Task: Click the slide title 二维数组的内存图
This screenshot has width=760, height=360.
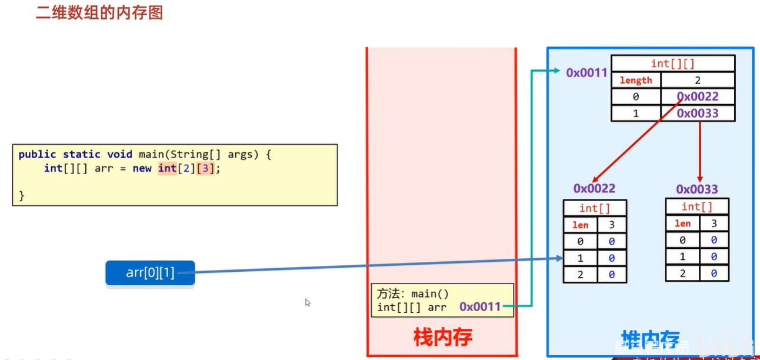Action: pos(99,12)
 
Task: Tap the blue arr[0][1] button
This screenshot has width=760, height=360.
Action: pos(150,273)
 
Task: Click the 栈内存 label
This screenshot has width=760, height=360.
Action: pos(442,337)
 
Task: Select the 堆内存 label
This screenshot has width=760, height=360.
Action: pos(651,339)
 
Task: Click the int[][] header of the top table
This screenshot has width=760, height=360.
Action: pos(673,64)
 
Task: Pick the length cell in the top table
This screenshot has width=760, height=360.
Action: pos(636,81)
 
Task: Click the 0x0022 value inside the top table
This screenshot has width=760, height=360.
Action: pos(698,96)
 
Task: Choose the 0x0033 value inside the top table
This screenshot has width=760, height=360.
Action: pos(698,113)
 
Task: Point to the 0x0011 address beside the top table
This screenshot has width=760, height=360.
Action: pos(586,72)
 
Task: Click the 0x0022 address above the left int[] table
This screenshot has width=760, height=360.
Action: pos(594,188)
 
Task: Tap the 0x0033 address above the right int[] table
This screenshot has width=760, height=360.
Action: pos(697,189)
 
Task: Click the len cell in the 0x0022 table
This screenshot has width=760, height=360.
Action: pos(580,225)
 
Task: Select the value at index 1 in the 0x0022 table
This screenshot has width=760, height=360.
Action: pos(612,258)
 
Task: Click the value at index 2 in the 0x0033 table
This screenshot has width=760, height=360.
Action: pos(714,273)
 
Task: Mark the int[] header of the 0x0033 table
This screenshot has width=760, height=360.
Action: pos(697,206)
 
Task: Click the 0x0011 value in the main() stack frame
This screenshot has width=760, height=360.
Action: pos(480,306)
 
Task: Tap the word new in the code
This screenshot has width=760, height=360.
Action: pos(142,168)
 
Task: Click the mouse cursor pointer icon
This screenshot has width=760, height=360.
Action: pos(307,302)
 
